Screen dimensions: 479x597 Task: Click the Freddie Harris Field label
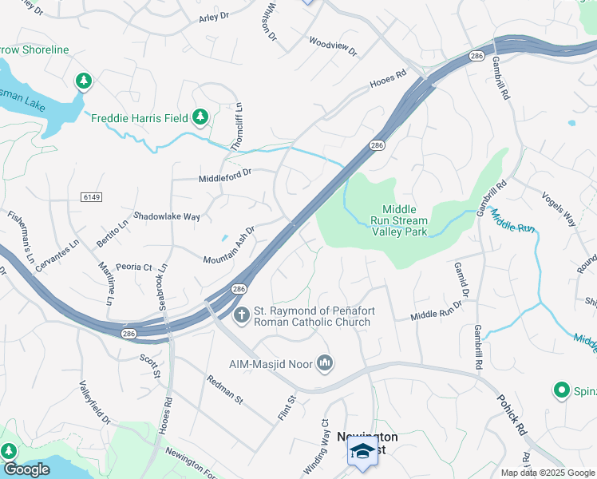point(139,118)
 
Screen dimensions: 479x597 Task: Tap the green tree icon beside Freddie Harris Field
point(200,118)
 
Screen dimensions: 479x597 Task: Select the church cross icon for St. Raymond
point(240,316)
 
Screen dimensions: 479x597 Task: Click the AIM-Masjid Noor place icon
point(325,364)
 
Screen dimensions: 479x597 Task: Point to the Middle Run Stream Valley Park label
point(399,220)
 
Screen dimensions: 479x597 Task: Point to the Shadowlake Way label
point(166,216)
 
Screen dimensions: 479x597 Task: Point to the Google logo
point(26,469)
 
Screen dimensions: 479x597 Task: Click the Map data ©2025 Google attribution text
point(547,473)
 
